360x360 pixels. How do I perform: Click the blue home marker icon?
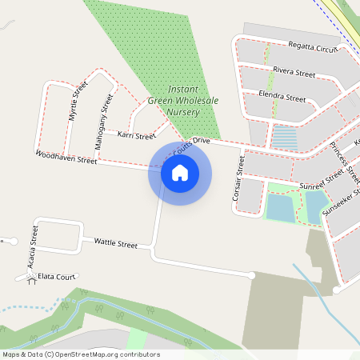180,173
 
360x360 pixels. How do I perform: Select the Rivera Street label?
294,72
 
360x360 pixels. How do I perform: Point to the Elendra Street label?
282,98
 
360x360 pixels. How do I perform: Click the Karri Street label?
136,136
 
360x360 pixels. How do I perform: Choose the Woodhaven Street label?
66,156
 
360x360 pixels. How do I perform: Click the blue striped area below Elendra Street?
285,138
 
